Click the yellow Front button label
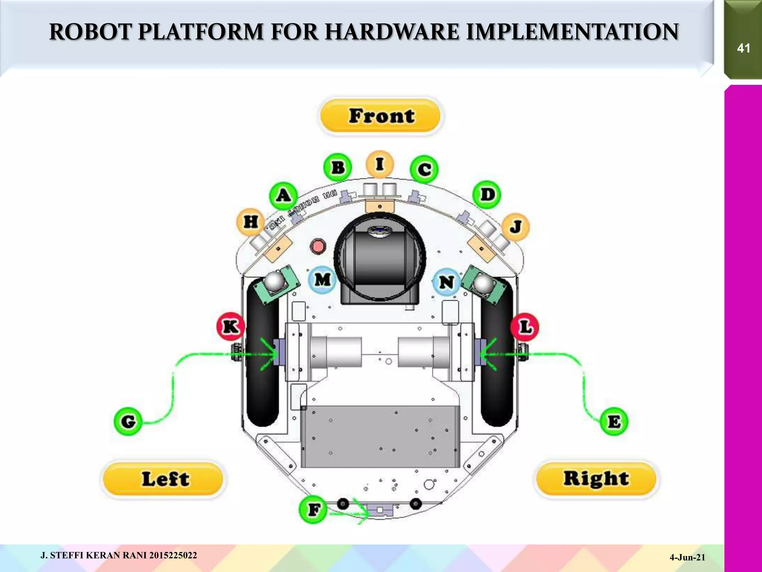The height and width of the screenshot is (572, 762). click(380, 115)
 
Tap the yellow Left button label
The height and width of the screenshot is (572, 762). click(164, 479)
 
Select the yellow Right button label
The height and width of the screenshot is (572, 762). click(596, 479)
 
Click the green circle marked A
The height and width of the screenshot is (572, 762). click(284, 195)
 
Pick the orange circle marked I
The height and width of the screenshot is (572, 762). click(379, 164)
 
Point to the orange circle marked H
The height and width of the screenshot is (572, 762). click(250, 222)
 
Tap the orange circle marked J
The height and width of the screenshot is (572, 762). click(515, 226)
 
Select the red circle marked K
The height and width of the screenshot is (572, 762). click(231, 327)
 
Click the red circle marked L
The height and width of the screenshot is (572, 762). click(525, 327)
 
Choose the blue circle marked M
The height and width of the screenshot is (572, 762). click(322, 279)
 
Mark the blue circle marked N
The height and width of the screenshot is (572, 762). click(446, 282)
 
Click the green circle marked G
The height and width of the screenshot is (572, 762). click(128, 422)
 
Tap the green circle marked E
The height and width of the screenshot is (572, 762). click(614, 422)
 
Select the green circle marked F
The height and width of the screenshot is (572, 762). click(313, 509)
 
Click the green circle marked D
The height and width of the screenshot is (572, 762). click(487, 194)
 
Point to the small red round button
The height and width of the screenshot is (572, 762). click(318, 246)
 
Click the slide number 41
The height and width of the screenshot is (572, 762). click(743, 48)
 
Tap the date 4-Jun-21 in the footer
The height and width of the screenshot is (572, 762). click(687, 557)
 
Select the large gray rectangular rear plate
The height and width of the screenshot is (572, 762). click(380, 436)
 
